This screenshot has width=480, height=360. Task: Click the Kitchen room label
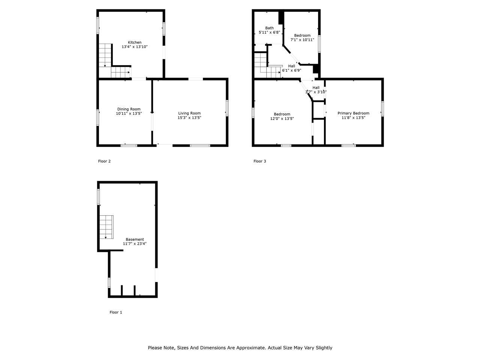coord(135,42)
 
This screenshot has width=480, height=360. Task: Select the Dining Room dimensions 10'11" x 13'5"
coord(129,113)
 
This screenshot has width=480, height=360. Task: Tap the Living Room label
coord(189,113)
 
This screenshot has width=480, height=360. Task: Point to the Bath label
coord(269,28)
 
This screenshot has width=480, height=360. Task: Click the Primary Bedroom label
coord(353,113)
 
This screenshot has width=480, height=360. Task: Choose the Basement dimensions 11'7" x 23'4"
coord(135,244)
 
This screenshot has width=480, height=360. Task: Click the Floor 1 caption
coord(115,312)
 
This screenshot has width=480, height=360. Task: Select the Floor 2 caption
coord(104,162)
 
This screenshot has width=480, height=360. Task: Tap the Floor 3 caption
coord(259,162)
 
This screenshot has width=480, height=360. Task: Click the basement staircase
coord(106,227)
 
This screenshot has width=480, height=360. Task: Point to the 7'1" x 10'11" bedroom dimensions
coord(302,40)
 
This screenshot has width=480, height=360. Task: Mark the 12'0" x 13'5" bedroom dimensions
coord(282,118)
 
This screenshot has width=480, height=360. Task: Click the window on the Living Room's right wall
coord(226,108)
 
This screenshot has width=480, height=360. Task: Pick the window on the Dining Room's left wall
coord(98,117)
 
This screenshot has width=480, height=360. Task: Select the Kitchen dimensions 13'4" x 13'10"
coord(135,47)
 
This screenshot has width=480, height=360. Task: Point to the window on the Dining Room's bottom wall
coord(129,145)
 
